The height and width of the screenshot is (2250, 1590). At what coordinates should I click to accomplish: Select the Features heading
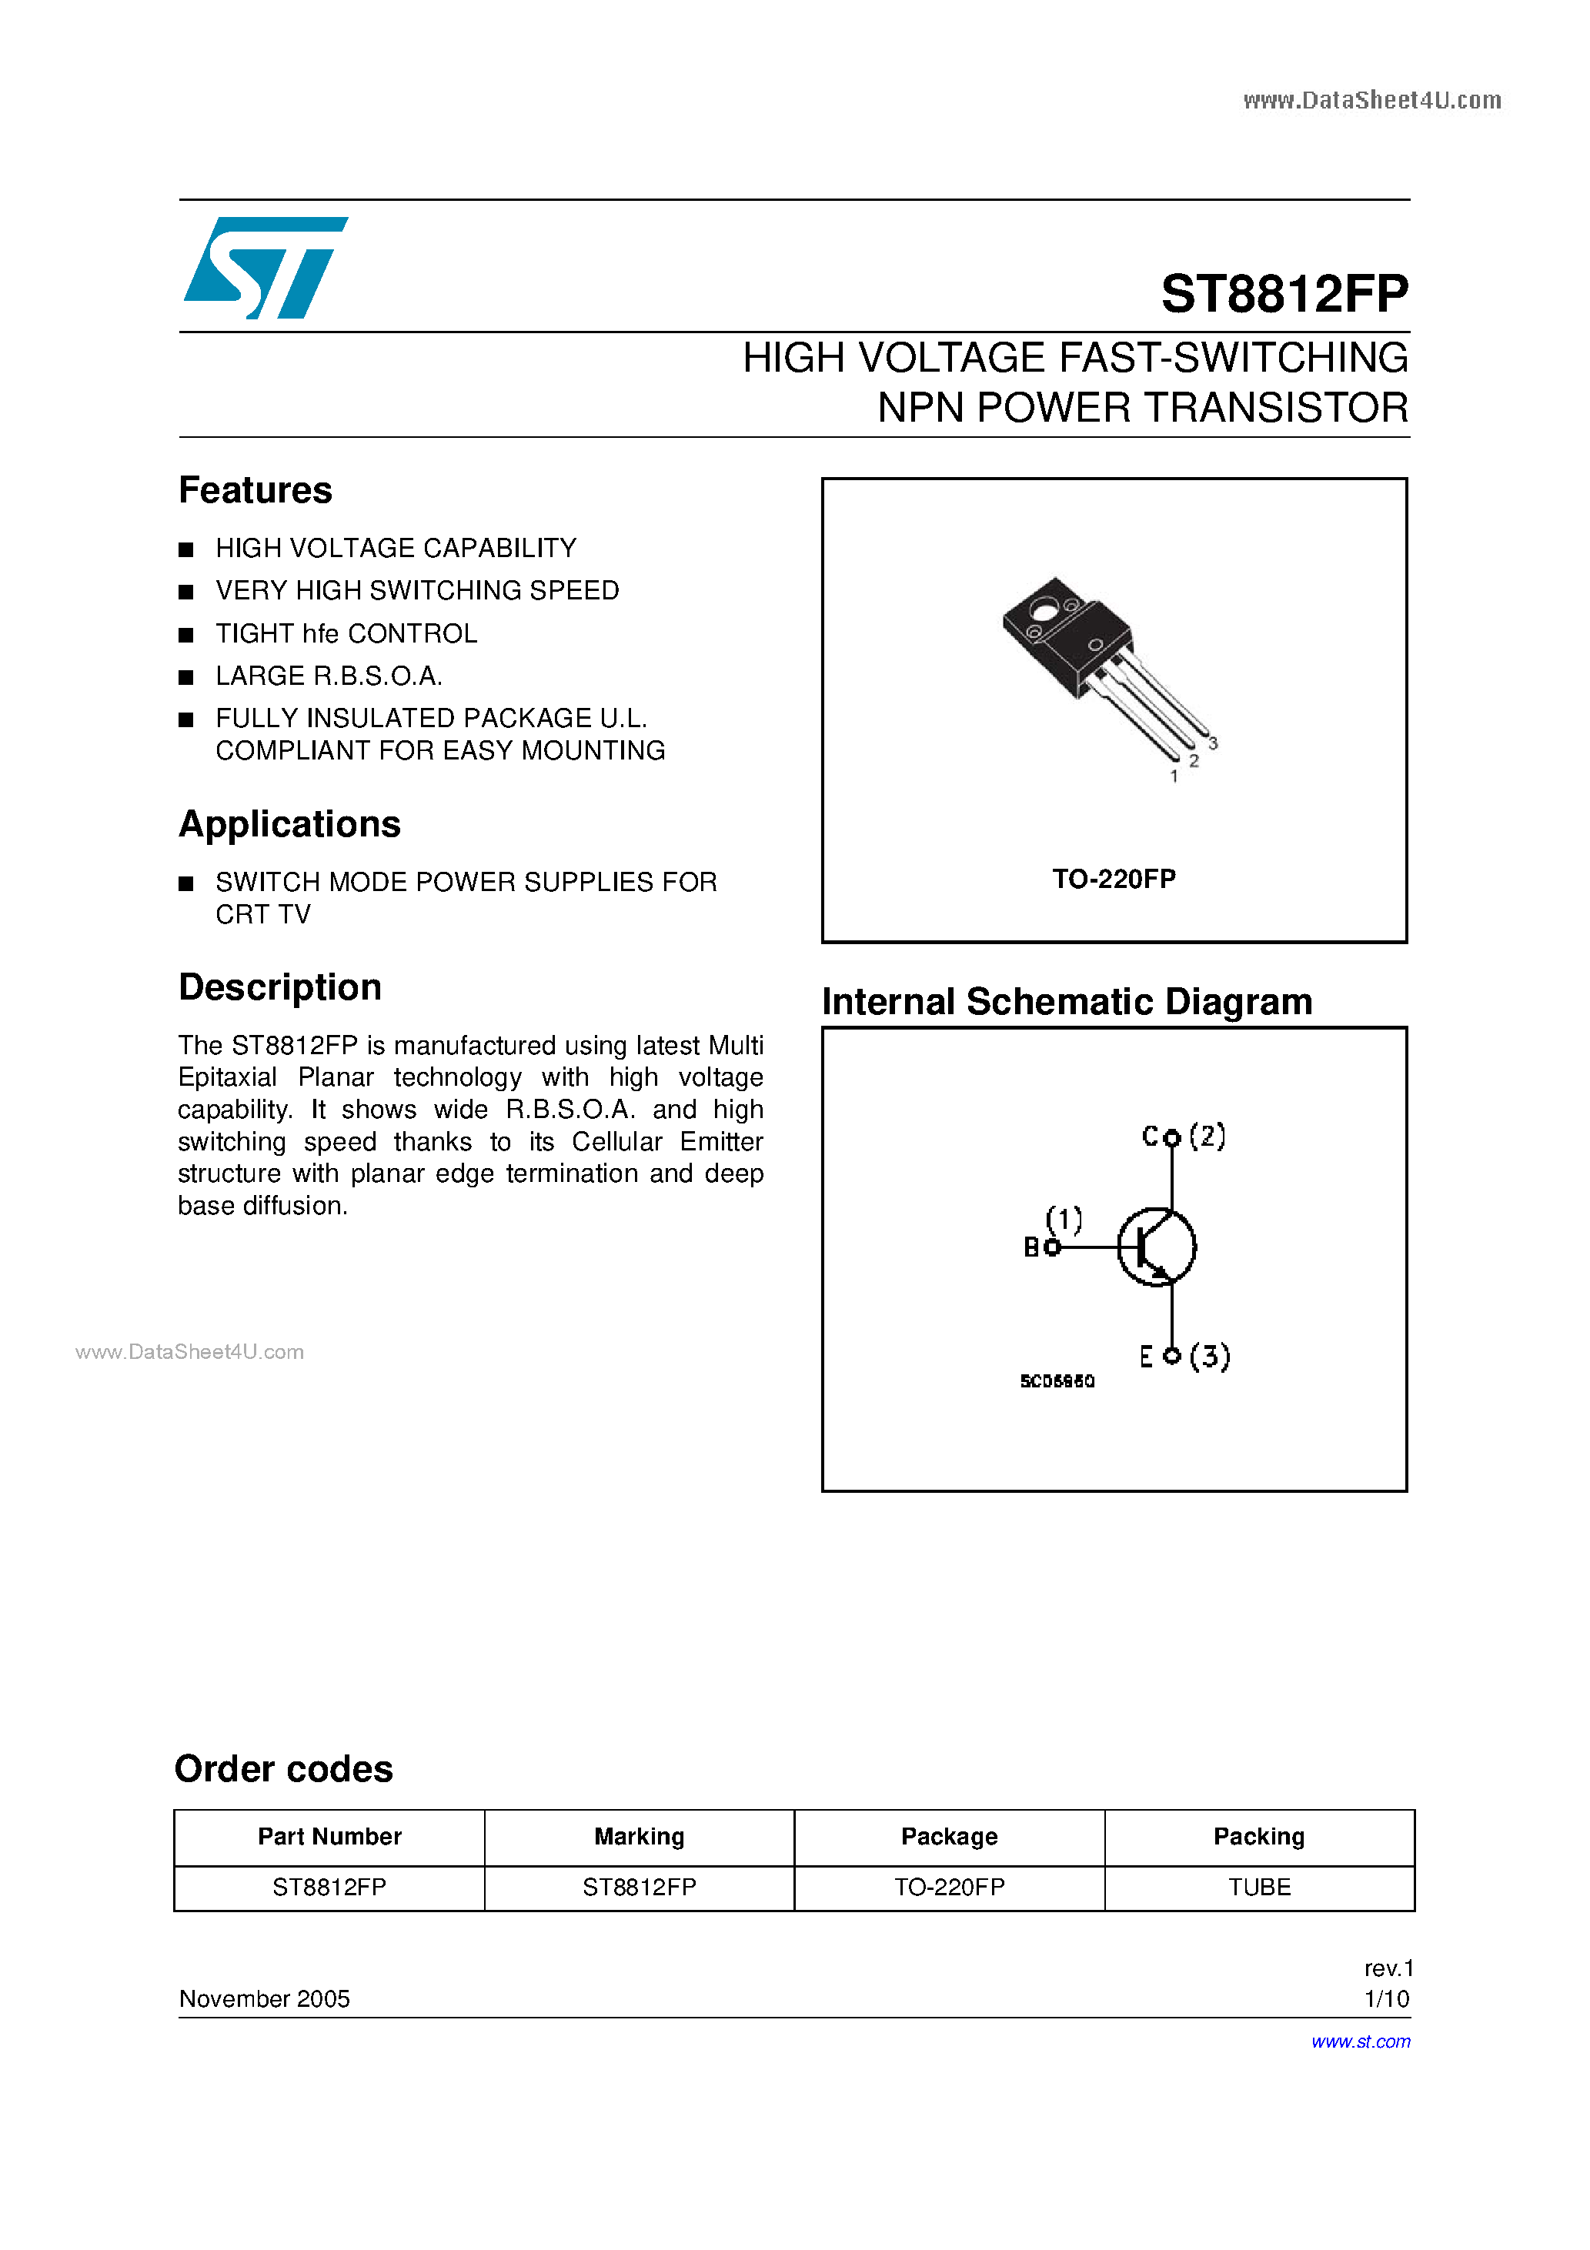[255, 490]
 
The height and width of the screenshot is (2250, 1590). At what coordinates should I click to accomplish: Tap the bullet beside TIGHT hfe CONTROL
[186, 635]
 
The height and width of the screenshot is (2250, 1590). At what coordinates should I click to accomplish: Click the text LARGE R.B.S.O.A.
[329, 676]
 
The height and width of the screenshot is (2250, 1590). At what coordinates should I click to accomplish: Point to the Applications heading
[289, 824]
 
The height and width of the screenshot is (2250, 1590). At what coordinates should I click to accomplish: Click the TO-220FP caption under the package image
[1114, 878]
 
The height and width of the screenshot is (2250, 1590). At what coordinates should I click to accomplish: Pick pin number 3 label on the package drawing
[1213, 744]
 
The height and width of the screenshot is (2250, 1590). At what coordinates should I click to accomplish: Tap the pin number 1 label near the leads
[1174, 776]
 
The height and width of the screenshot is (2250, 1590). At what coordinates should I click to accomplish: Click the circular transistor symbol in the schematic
[1157, 1247]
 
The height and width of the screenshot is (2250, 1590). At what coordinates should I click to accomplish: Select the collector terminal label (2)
[1207, 1136]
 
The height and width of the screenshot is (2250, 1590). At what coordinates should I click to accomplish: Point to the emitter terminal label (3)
[1210, 1357]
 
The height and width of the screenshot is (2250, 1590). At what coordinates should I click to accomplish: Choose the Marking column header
[639, 1837]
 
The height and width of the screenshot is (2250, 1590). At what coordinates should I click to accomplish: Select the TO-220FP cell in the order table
[949, 1888]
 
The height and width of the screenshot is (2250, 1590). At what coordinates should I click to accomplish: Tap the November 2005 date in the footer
[264, 1999]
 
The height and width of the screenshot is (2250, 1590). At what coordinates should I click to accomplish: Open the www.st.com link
[1360, 2041]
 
